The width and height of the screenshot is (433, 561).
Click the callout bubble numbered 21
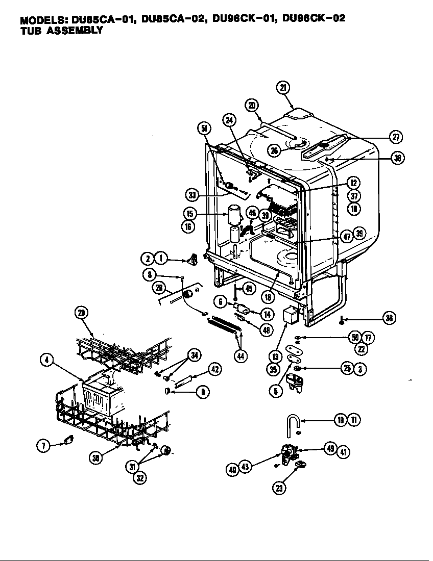(284, 87)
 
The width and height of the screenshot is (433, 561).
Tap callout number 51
(204, 129)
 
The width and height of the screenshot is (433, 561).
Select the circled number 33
(191, 195)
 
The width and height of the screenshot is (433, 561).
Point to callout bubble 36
(389, 318)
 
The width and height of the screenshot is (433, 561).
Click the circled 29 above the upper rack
(81, 313)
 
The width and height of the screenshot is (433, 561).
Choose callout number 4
(46, 360)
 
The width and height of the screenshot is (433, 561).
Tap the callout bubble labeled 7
(42, 446)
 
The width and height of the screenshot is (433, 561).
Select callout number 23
(279, 487)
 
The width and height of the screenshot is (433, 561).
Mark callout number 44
(240, 355)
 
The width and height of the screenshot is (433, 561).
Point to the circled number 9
(202, 392)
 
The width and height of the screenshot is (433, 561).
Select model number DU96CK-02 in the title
(314, 19)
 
